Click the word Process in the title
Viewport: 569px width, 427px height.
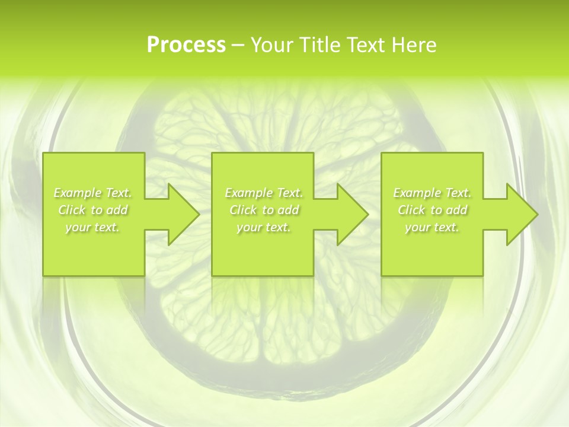[x=186, y=44]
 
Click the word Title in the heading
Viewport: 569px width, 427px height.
[x=319, y=44]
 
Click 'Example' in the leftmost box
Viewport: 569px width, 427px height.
[x=77, y=193]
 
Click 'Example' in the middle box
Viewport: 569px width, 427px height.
[x=248, y=193]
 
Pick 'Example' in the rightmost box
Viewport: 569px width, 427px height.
[x=417, y=193]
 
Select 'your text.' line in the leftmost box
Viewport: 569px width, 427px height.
[x=92, y=227]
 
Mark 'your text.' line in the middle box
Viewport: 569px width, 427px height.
[x=263, y=227]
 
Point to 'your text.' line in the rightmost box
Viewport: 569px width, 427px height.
[x=431, y=227]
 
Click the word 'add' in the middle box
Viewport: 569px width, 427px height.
[x=288, y=210]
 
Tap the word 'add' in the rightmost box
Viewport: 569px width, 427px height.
[x=456, y=210]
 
